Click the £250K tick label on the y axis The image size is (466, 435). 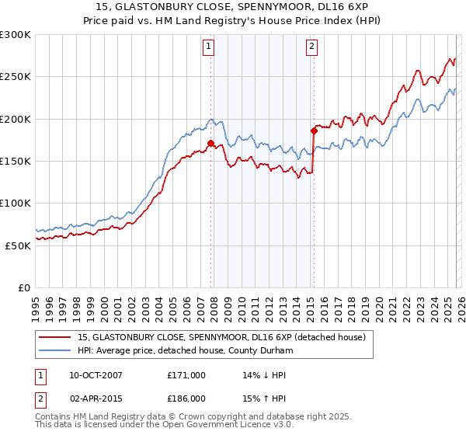(16, 77)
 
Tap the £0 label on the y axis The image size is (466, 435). (24, 287)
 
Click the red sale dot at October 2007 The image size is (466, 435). (210, 143)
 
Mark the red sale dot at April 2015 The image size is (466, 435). (314, 130)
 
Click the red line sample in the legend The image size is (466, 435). (55, 338)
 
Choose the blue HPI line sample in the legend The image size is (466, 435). (55, 350)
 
